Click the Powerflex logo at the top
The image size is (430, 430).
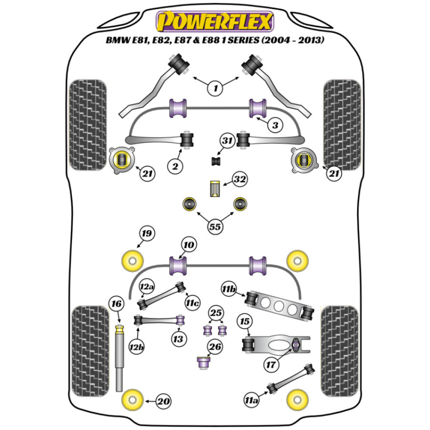click(215, 21)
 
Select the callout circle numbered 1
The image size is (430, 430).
click(215, 89)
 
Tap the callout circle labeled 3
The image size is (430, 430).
click(275, 126)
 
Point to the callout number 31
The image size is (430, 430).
click(227, 141)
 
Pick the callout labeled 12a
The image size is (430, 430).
click(147, 287)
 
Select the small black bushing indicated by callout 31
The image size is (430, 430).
click(216, 161)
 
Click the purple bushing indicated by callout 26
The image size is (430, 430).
click(203, 362)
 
